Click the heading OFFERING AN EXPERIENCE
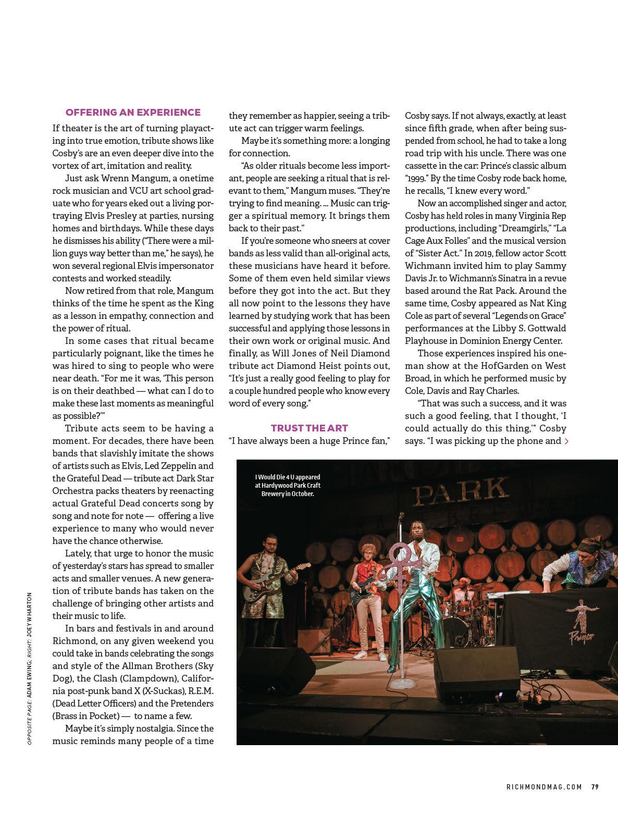click(133, 112)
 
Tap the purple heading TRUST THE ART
click(309, 428)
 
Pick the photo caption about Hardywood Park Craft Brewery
click(287, 485)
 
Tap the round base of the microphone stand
click(401, 683)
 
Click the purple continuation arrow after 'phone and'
click(566, 441)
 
